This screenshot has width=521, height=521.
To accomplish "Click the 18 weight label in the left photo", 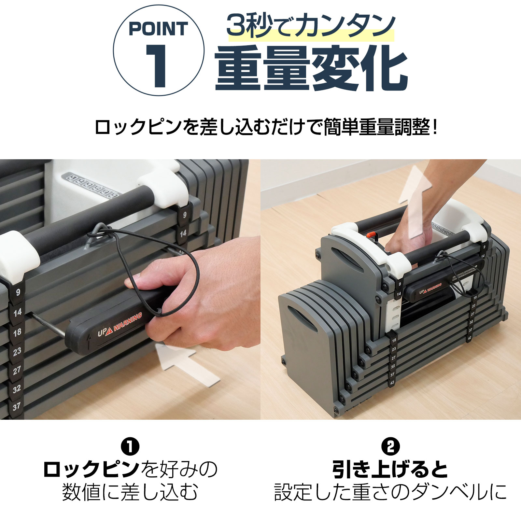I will click(x=17, y=332).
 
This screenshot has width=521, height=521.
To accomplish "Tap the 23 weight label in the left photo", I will click(x=17, y=351).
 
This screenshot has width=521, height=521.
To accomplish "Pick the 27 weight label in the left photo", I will click(x=17, y=370).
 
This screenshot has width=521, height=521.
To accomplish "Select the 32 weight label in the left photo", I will click(x=17, y=388).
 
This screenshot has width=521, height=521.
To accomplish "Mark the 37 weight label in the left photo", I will click(x=16, y=406).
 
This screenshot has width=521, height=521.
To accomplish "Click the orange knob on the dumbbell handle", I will click(x=370, y=235).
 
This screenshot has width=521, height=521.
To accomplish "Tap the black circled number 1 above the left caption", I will click(x=130, y=447).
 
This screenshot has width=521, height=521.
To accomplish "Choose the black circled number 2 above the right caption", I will click(x=390, y=447).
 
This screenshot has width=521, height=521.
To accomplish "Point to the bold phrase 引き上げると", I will click(x=390, y=469).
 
